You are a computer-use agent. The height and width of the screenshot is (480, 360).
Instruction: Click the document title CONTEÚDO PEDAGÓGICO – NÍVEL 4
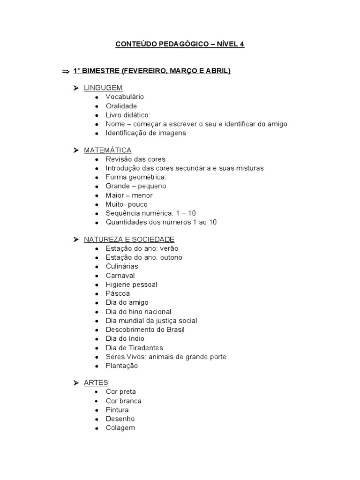pyautogui.click(x=180, y=45)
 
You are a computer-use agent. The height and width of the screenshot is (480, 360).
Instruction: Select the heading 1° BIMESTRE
pyautogui.click(x=152, y=71)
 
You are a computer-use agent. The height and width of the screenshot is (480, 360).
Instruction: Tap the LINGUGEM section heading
pyautogui.click(x=103, y=88)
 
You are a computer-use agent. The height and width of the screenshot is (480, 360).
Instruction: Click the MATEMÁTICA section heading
pyautogui.click(x=107, y=150)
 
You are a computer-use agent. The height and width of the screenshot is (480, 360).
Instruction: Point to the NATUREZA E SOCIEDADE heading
pyautogui.click(x=129, y=240)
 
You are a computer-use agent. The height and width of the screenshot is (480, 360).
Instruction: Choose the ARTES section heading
pyautogui.click(x=96, y=383)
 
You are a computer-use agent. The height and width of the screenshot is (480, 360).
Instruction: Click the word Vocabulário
pyautogui.click(x=125, y=97)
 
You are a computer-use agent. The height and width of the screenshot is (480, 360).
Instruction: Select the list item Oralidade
pyautogui.click(x=121, y=106)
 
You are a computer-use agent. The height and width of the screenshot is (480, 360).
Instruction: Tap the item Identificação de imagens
pyautogui.click(x=146, y=133)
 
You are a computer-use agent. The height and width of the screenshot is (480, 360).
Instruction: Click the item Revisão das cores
pyautogui.click(x=135, y=159)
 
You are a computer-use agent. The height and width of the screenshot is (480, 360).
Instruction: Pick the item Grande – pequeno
pyautogui.click(x=136, y=186)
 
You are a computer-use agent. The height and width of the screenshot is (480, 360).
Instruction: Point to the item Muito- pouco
pyautogui.click(x=127, y=204)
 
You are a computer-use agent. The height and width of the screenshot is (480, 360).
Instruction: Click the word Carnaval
pyautogui.click(x=120, y=276)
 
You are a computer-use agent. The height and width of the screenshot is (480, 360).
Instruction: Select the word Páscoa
pyautogui.click(x=118, y=293)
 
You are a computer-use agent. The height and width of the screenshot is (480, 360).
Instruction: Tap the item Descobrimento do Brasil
pyautogui.click(x=145, y=330)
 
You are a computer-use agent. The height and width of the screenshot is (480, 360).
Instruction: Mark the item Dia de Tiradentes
pyautogui.click(x=135, y=348)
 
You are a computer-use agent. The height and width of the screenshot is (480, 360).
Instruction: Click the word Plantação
pyautogui.click(x=122, y=366)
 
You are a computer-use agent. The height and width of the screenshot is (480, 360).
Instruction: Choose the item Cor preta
pyautogui.click(x=120, y=392)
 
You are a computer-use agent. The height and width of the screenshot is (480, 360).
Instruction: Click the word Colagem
pyautogui.click(x=120, y=428)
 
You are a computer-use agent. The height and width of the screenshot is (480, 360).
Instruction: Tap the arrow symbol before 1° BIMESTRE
pyautogui.click(x=65, y=72)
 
